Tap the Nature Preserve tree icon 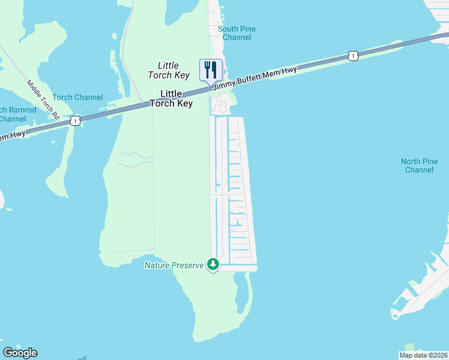pyautogui.click(x=212, y=264)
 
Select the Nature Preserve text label pyautogui.click(x=174, y=265)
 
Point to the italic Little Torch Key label pyautogui.click(x=169, y=70)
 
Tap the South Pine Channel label pyautogui.click(x=237, y=33)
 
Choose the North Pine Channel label pyautogui.click(x=419, y=166)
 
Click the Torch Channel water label pyautogui.click(x=77, y=97)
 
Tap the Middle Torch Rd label pyautogui.click(x=44, y=100)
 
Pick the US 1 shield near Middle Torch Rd pyautogui.click(x=74, y=121)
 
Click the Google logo pyautogui.click(x=20, y=353)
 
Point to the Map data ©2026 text pyautogui.click(x=424, y=355)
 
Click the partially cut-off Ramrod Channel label pyautogui.click(x=13, y=114)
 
